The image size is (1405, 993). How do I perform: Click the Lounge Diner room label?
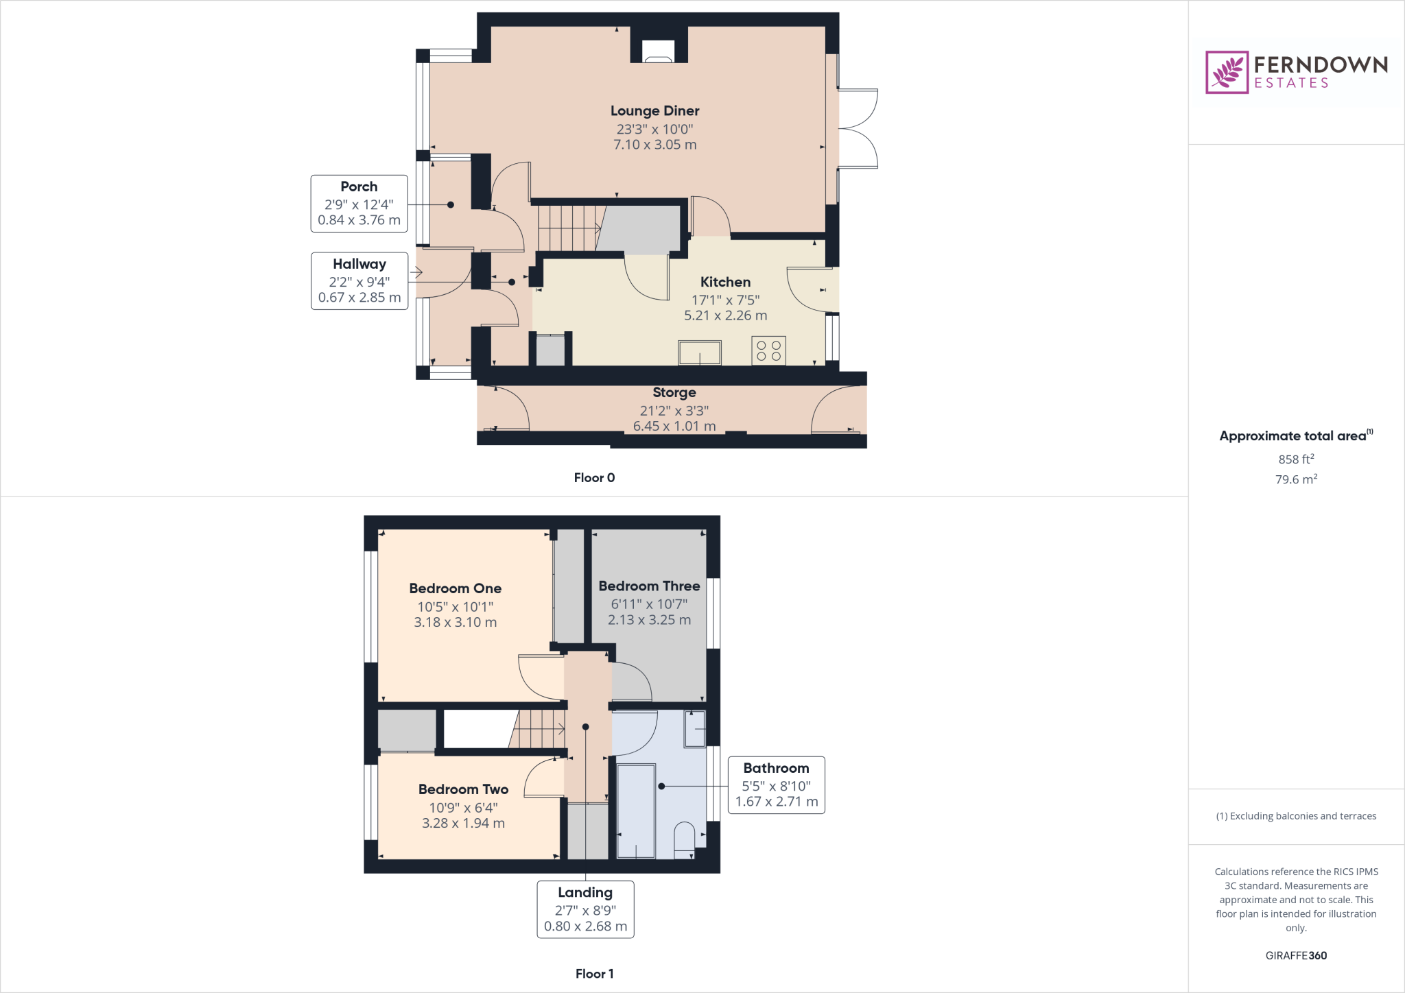(x=654, y=111)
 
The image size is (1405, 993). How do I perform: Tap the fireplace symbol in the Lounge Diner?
(x=658, y=52)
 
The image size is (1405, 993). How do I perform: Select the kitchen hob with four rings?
(x=768, y=350)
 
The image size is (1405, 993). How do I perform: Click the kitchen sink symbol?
(x=699, y=352)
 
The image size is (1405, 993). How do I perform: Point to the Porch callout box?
(x=359, y=204)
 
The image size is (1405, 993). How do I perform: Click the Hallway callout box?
(x=359, y=280)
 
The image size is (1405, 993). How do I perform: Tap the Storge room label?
(x=674, y=392)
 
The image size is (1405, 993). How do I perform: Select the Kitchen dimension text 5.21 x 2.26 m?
(x=725, y=315)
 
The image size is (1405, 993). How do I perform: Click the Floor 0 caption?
(x=594, y=478)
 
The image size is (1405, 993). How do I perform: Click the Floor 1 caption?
(x=594, y=974)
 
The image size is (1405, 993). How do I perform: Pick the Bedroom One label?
(x=455, y=588)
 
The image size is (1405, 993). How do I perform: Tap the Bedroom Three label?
(x=649, y=586)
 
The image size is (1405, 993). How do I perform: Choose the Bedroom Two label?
(x=463, y=789)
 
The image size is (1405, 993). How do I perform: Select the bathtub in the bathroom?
(x=636, y=811)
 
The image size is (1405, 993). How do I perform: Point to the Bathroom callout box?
(x=776, y=785)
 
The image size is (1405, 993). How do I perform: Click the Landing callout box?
(x=585, y=909)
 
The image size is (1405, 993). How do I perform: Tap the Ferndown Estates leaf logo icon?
(x=1227, y=72)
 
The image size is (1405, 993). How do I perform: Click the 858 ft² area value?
(x=1295, y=459)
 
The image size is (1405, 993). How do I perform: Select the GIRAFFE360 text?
(x=1295, y=955)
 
